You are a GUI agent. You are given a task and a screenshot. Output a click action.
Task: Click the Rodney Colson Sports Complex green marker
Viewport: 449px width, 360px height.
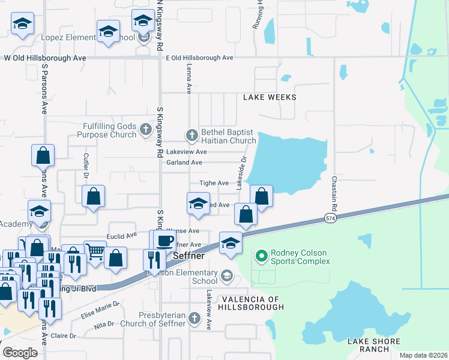click(261, 256)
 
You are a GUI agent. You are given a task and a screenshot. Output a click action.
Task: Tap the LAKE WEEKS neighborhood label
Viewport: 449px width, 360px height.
click(270, 97)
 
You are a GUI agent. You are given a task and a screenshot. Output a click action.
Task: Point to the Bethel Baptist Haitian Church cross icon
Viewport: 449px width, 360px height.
click(191, 135)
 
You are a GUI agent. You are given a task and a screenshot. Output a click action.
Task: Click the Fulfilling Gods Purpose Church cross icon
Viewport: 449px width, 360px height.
click(145, 129)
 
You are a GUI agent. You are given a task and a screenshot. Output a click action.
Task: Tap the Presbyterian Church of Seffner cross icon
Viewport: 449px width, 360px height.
click(194, 317)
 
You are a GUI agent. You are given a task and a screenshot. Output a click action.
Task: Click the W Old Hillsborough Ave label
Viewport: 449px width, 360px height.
click(45, 58)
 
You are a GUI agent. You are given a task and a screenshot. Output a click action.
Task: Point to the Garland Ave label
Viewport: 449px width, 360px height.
click(184, 163)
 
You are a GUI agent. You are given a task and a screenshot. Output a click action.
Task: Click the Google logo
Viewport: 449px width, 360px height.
click(20, 353)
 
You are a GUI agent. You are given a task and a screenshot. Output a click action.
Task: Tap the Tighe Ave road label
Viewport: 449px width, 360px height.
click(214, 183)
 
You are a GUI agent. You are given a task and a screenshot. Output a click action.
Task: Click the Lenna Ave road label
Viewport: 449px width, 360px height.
click(189, 79)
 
